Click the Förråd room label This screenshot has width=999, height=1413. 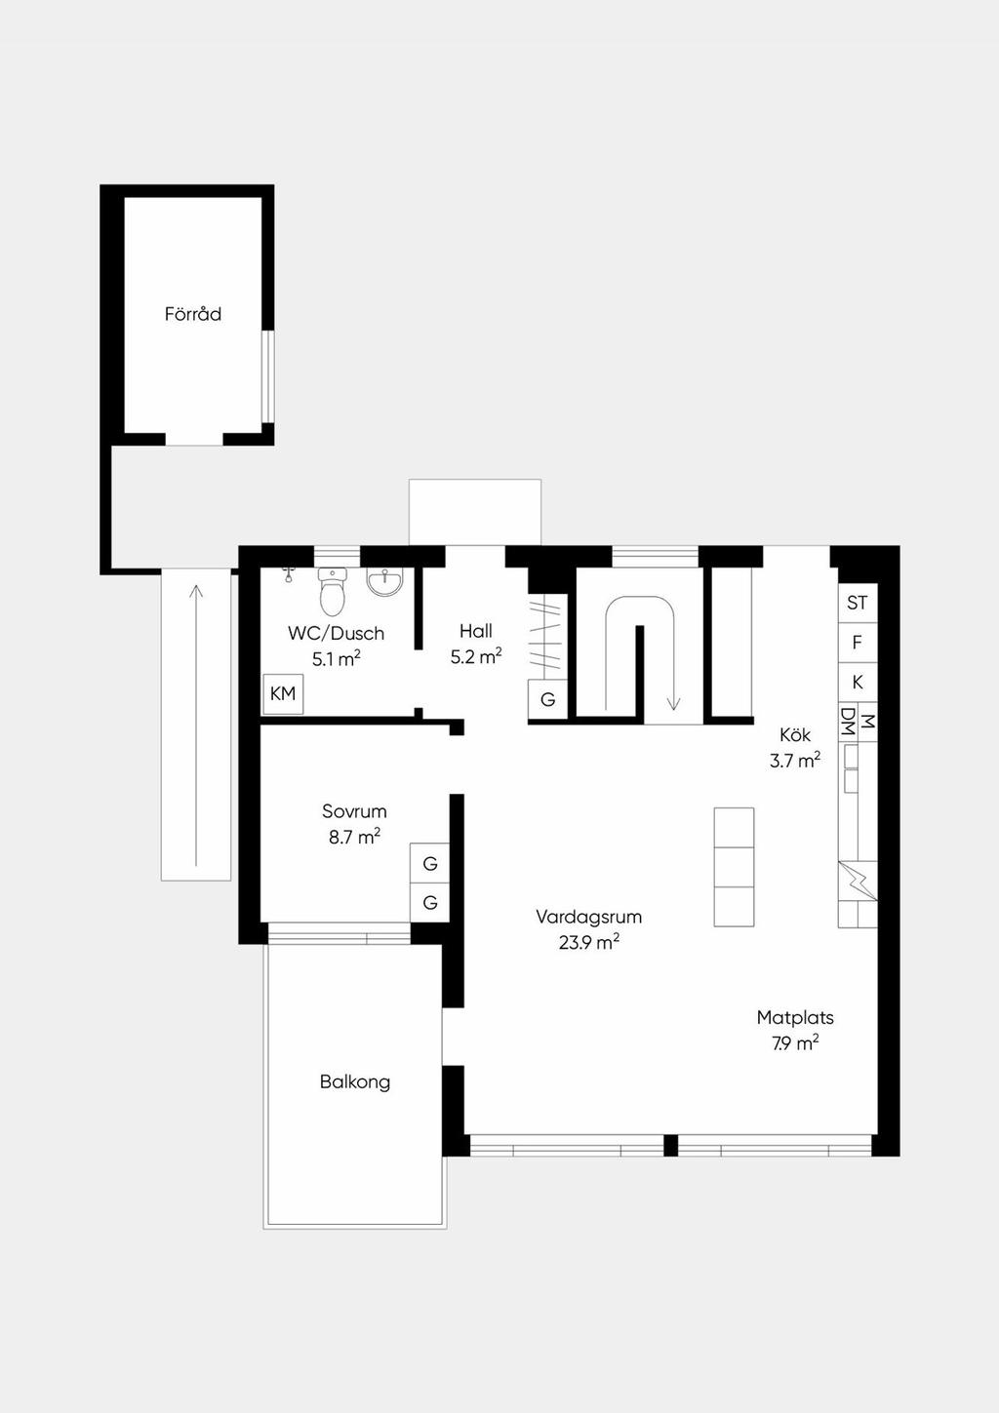pyautogui.click(x=192, y=313)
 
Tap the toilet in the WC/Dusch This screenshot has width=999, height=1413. pyautogui.click(x=333, y=591)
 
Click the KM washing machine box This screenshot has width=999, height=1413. pyautogui.click(x=283, y=694)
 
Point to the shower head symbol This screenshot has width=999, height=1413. pyautogui.click(x=289, y=572)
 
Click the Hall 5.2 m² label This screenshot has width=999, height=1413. pyautogui.click(x=476, y=644)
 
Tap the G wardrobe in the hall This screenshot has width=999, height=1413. pyautogui.click(x=547, y=699)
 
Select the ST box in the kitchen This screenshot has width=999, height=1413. pyautogui.click(x=857, y=603)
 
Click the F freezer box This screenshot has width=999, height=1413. pyautogui.click(x=857, y=643)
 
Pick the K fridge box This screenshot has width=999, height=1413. pyautogui.click(x=857, y=683)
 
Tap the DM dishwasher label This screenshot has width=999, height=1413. pyautogui.click(x=848, y=723)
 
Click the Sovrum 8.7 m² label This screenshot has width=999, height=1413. pyautogui.click(x=354, y=824)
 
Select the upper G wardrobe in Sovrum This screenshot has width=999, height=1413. pyautogui.click(x=430, y=863)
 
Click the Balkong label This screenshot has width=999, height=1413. pyautogui.click(x=355, y=1081)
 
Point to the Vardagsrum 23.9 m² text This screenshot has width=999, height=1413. pyautogui.click(x=589, y=928)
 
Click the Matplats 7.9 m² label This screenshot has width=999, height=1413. pyautogui.click(x=795, y=1030)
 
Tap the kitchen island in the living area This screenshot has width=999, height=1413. pyautogui.click(x=734, y=867)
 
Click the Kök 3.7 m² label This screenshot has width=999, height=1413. pyautogui.click(x=795, y=748)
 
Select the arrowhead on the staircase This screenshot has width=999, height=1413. pyautogui.click(x=673, y=703)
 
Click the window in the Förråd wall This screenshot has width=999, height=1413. pyautogui.click(x=268, y=376)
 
